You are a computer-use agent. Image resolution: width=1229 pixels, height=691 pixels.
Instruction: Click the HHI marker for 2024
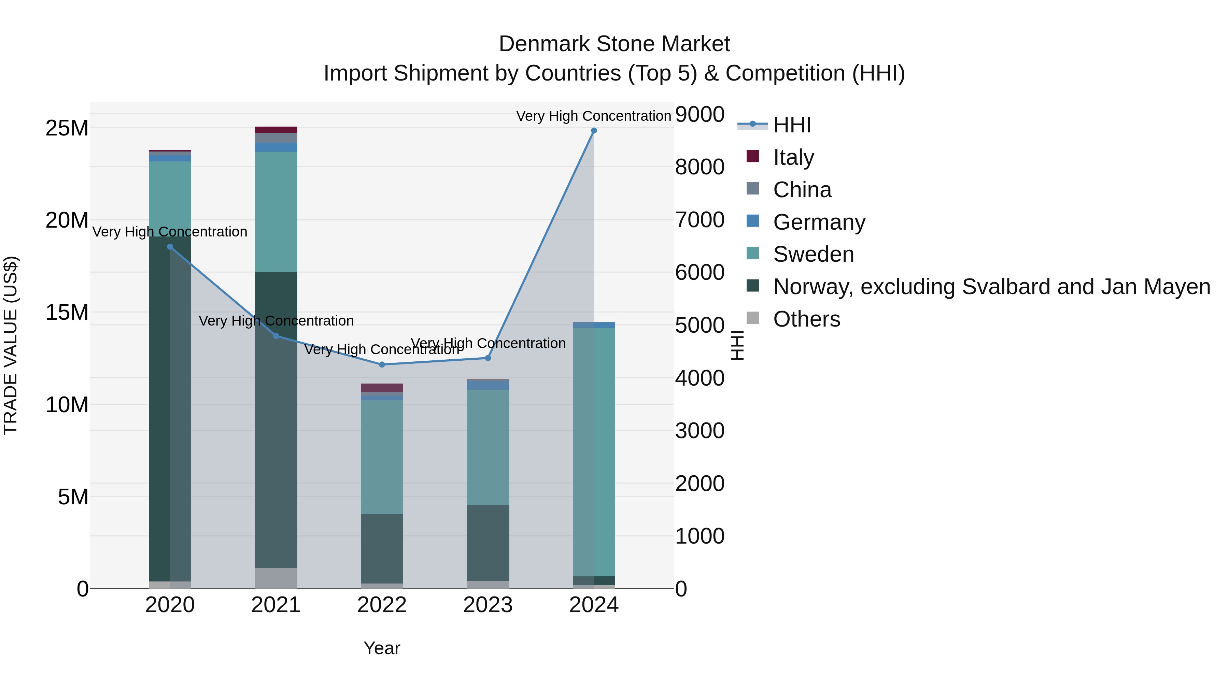594,131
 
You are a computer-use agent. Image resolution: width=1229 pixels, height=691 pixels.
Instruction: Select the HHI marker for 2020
170,247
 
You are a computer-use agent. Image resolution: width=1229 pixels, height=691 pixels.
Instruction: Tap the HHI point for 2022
382,365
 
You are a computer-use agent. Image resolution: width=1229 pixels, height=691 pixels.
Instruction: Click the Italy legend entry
793,157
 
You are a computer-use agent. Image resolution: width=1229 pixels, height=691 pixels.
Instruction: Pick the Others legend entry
806,319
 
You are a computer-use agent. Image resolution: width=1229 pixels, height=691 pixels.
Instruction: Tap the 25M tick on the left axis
67,128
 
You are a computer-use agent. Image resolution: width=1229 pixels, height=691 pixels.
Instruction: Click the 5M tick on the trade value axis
73,497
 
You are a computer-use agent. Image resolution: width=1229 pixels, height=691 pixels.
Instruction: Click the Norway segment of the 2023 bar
488,543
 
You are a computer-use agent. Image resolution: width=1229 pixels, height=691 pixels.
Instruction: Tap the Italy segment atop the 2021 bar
276,130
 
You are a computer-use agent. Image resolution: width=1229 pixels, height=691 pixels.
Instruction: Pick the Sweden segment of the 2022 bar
382,457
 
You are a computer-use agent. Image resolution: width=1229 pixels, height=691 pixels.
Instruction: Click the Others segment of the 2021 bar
276,578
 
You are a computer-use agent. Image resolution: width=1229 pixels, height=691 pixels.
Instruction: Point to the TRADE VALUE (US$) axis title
11,345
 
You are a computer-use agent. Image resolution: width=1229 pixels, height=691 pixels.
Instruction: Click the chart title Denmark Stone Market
614,44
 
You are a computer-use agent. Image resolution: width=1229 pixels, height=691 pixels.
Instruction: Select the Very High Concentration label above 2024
594,116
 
